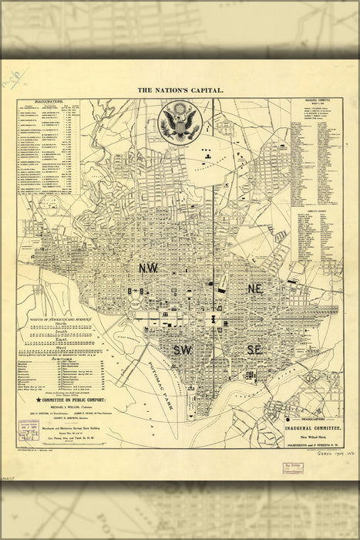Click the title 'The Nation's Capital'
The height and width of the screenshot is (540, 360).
(x=180, y=90)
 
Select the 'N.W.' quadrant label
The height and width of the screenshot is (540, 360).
(x=149, y=268)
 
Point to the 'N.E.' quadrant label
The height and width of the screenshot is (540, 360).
(x=257, y=287)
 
